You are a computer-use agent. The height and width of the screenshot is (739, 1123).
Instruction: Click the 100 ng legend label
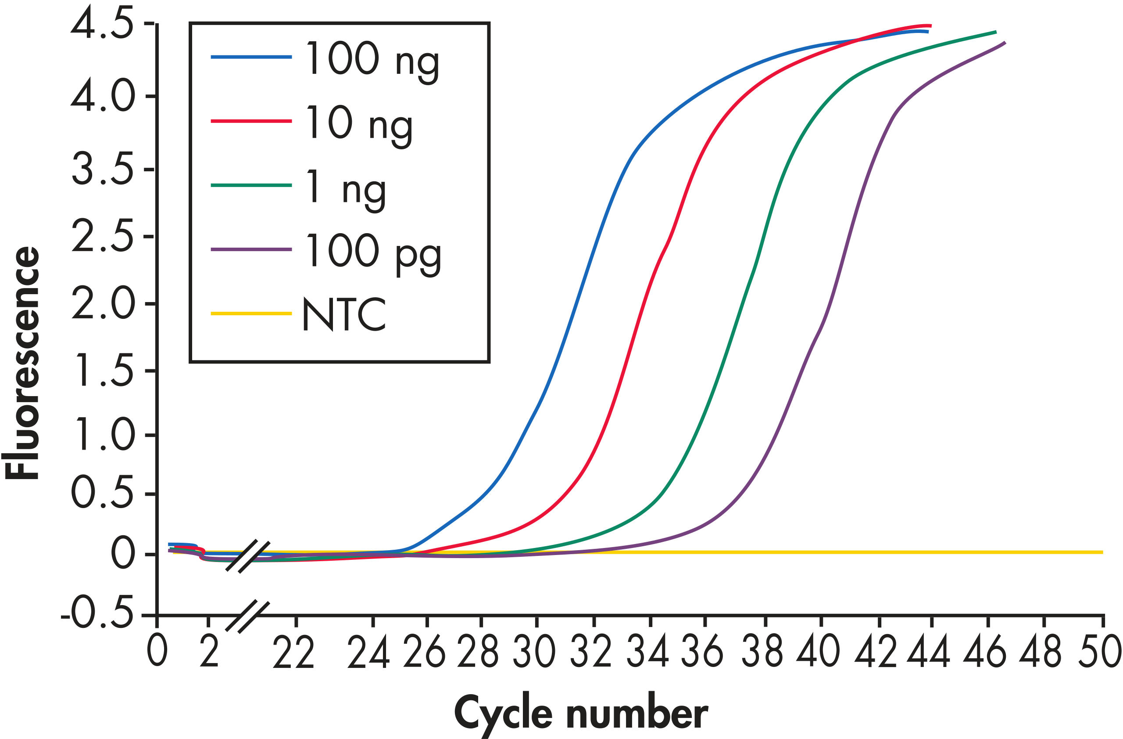[372, 61]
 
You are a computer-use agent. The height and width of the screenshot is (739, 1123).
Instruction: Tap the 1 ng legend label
[346, 188]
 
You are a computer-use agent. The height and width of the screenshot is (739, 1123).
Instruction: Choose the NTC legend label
[343, 314]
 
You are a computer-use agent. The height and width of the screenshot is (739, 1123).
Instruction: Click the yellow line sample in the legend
[251, 314]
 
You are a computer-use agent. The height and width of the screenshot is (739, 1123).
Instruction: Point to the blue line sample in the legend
[251, 57]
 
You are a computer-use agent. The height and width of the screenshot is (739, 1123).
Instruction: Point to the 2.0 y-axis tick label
[102, 303]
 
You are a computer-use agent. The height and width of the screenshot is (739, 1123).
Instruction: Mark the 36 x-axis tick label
[702, 652]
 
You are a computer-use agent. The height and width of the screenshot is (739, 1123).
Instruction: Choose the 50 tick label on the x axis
[1099, 652]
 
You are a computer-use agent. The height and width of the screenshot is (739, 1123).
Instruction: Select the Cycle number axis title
[581, 714]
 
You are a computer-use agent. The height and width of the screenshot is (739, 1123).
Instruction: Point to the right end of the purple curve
[1005, 43]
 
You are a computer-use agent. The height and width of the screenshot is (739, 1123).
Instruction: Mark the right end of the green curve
[996, 32]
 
